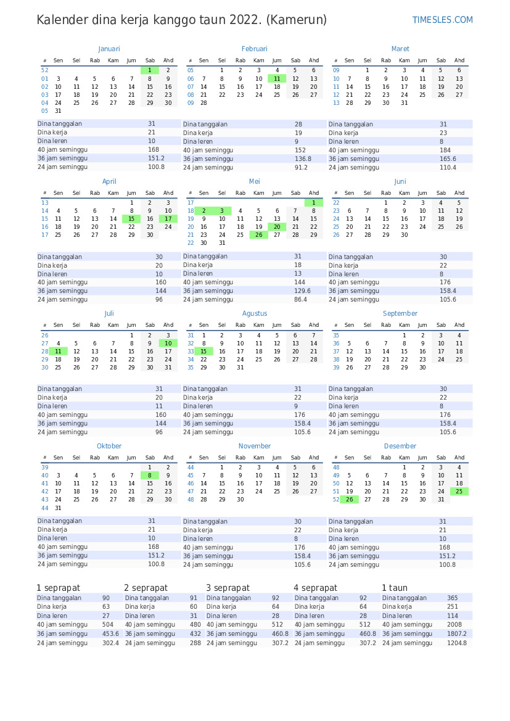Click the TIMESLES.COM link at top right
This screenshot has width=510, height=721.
click(442, 20)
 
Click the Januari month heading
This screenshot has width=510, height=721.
click(109, 49)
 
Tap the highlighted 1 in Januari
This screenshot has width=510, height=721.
click(150, 70)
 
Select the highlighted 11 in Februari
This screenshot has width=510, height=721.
click(277, 78)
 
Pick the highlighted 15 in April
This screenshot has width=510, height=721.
click(131, 219)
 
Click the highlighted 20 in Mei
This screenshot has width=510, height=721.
click(277, 227)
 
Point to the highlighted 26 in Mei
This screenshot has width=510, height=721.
click(259, 235)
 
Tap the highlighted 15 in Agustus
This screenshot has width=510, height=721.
click(204, 351)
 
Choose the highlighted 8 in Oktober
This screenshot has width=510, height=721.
click(150, 476)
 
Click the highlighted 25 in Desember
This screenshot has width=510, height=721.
click(459, 492)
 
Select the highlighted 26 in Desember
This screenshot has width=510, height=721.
click(350, 500)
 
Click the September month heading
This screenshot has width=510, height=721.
click(400, 313)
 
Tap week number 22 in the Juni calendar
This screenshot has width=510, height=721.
click(336, 202)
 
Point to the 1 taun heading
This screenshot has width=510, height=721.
click(394, 588)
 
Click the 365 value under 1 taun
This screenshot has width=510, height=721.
click(453, 598)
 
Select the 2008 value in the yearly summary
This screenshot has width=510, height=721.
click(454, 625)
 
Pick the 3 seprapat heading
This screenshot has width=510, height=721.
click(228, 588)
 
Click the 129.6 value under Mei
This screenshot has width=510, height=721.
click(303, 290)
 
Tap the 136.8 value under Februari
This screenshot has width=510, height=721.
click(303, 159)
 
